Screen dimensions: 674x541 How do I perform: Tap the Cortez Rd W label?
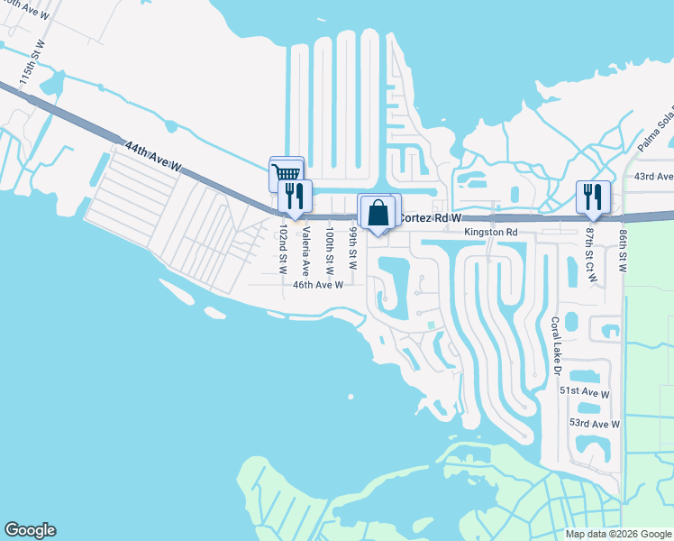[x=430, y=217]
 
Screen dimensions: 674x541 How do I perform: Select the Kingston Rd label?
[x=491, y=232]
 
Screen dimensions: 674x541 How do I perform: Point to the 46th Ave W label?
[x=318, y=285]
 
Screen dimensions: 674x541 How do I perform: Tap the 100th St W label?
[x=330, y=250]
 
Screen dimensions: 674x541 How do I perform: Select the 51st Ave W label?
[x=584, y=394]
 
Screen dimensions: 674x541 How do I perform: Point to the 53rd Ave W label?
[x=595, y=424]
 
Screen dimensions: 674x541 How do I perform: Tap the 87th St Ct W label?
[x=591, y=254]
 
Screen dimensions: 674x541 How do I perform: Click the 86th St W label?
[x=623, y=250]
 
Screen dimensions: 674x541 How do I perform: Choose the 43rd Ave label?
[x=654, y=178]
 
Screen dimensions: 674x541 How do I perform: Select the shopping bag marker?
[x=379, y=213]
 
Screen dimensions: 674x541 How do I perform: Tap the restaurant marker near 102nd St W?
[x=293, y=195]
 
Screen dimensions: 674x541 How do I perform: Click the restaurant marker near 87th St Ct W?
[x=592, y=196]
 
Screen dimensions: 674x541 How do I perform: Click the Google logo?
[x=30, y=530]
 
